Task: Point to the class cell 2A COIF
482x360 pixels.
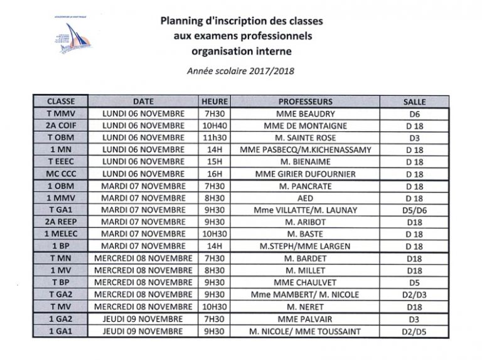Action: [x=61, y=125]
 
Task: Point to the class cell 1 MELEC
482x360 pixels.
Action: [x=61, y=234]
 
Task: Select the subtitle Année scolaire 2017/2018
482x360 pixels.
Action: [x=242, y=70]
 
